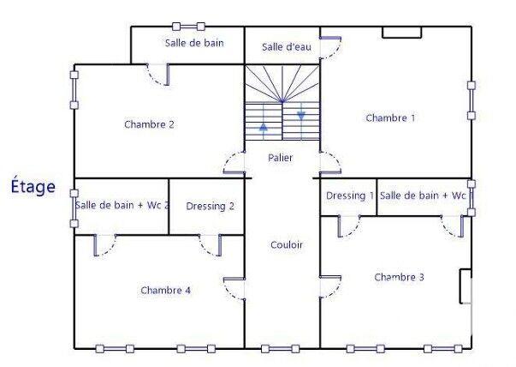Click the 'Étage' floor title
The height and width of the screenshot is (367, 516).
tap(33, 186)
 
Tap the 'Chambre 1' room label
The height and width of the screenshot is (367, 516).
tap(390, 117)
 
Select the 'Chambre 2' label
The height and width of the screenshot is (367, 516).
tap(149, 124)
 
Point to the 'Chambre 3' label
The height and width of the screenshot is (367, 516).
tap(399, 277)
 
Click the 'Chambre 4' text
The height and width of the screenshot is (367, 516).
tap(165, 290)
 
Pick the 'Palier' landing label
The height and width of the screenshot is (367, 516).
tap(281, 158)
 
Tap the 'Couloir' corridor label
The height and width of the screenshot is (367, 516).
tap(286, 244)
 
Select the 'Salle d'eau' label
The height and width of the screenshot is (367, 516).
tap(285, 47)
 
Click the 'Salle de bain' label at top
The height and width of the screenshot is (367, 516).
tap(194, 42)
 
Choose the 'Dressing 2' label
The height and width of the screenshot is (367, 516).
tap(210, 206)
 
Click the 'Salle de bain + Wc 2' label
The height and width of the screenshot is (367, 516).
tap(122, 205)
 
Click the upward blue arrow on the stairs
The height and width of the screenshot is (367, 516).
tap(263, 128)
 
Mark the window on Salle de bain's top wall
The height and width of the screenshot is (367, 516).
tap(188, 27)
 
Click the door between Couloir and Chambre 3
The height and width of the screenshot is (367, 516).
tap(330, 286)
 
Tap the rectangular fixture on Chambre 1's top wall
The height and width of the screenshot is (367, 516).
tap(401, 33)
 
